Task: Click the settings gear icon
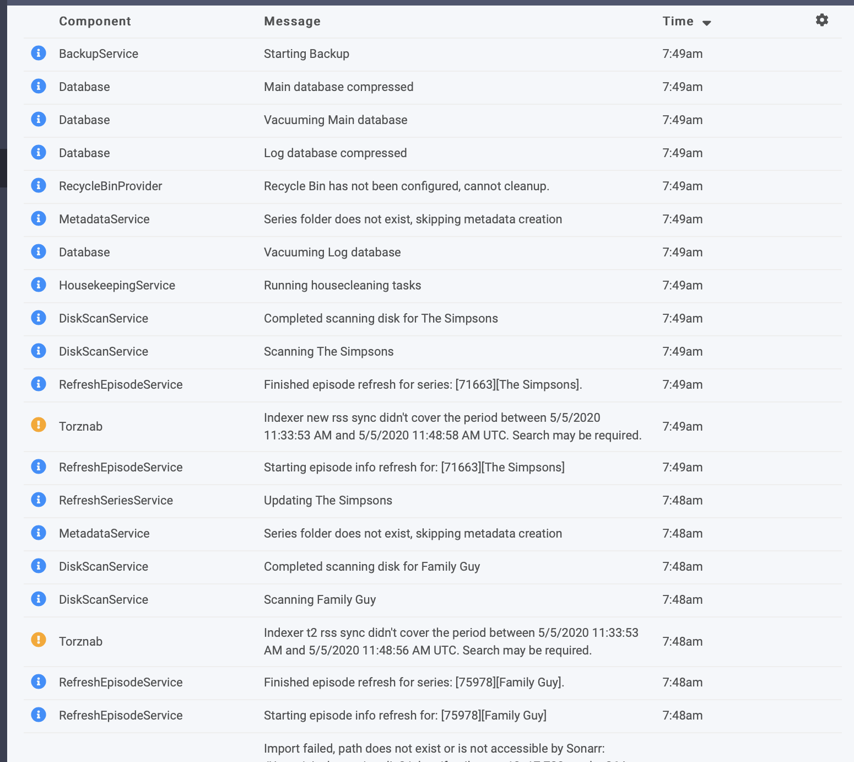click(x=821, y=20)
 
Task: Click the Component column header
click(x=95, y=21)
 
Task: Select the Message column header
click(x=292, y=21)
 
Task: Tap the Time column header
click(x=678, y=21)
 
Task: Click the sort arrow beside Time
click(x=707, y=23)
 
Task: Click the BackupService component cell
click(x=99, y=53)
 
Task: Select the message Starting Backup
click(x=306, y=53)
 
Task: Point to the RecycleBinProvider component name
click(x=110, y=186)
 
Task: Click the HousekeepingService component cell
click(x=117, y=285)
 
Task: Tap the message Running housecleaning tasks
click(x=342, y=285)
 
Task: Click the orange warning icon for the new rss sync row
click(x=39, y=425)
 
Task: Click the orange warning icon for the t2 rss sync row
click(x=39, y=640)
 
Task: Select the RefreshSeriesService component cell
click(x=116, y=500)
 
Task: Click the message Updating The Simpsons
click(x=328, y=500)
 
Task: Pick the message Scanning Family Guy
click(x=320, y=599)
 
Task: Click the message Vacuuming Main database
click(x=336, y=120)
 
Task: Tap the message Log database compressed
click(x=335, y=153)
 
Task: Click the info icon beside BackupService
click(x=39, y=53)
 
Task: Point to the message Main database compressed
click(x=338, y=87)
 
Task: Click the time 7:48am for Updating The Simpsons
click(x=682, y=500)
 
